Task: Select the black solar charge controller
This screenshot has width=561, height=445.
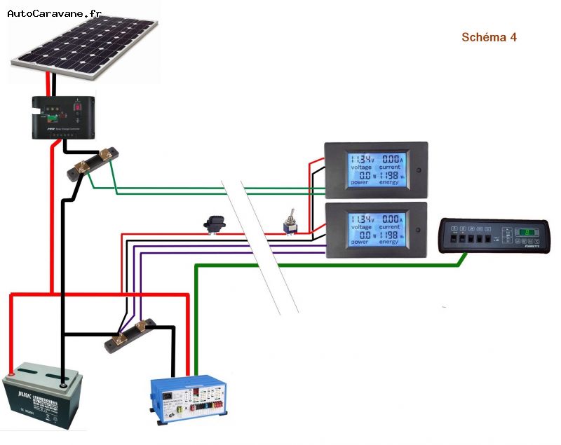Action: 63,117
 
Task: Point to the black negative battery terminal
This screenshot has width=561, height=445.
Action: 64,383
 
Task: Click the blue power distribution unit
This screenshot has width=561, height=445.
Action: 189,400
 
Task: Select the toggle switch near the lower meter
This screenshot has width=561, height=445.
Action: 287,226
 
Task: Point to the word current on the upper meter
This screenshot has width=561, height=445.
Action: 390,167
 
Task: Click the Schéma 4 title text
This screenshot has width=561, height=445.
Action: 489,37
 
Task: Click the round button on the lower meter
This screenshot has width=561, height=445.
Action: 418,230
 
